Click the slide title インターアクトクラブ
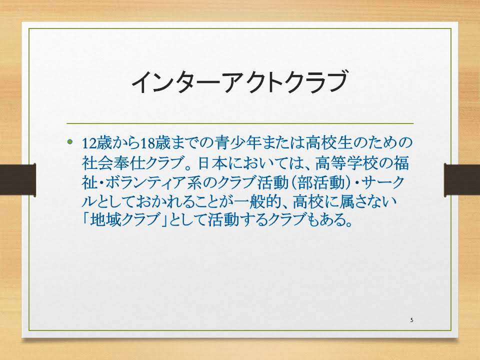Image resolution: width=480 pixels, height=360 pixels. pos(239,81)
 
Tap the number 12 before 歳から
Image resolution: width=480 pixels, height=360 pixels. pos(89,143)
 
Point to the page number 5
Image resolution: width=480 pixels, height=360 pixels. pos(411,320)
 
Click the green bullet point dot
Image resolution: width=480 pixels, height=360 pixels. pos(70,141)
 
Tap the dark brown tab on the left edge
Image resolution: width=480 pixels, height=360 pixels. pos(18,179)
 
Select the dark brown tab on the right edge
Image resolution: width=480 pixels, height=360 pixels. pos(462,179)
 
